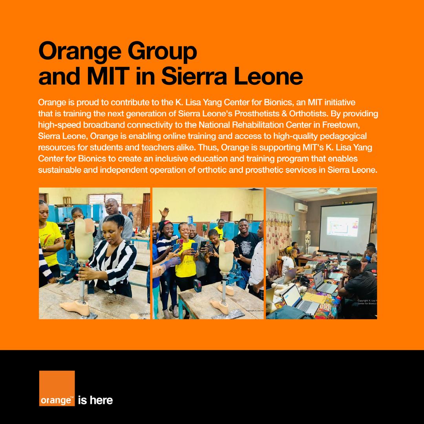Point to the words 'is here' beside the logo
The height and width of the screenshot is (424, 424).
[x=96, y=400]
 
